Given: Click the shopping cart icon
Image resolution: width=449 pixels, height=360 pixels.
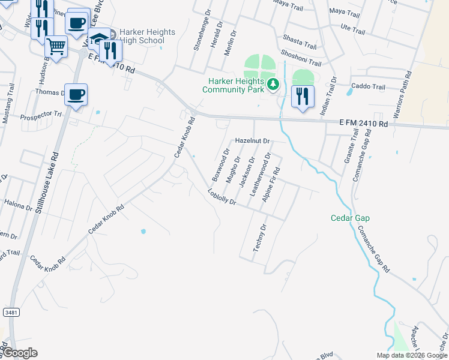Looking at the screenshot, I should pyautogui.click(x=56, y=45).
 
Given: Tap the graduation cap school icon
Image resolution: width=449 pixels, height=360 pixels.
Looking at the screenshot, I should pyautogui.click(x=98, y=40).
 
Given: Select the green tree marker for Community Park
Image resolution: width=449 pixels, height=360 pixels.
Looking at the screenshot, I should pyautogui.click(x=274, y=84).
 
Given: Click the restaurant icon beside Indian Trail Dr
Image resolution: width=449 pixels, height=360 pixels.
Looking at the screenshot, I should pyautogui.click(x=303, y=96).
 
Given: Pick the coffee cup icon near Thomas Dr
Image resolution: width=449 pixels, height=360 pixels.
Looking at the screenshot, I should pyautogui.click(x=76, y=95).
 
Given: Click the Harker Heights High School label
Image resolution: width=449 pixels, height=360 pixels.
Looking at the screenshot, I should pyautogui.click(x=142, y=36).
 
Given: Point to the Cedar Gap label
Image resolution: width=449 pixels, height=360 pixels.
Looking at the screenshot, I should pyautogui.click(x=350, y=218).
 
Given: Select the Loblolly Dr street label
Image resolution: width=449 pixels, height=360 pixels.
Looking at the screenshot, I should pyautogui.click(x=222, y=197).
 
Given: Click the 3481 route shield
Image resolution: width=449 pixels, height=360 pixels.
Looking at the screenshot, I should pyautogui.click(x=10, y=312).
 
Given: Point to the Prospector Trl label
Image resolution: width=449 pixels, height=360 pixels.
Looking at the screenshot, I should pyautogui.click(x=41, y=115).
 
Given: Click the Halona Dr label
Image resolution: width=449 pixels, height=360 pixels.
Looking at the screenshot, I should pyautogui.click(x=18, y=206).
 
